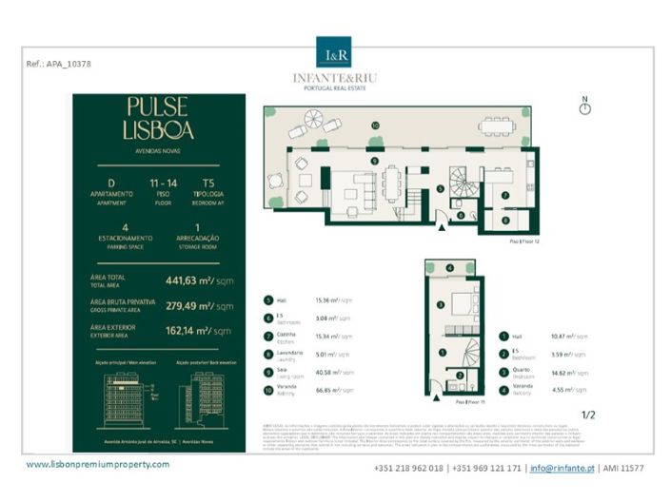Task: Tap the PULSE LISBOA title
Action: point(157,118)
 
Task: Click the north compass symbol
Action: point(584,108)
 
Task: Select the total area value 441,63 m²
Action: point(200,280)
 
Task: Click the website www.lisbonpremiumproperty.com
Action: point(98,464)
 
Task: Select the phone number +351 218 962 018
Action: point(410,468)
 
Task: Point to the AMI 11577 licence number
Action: point(623,468)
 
